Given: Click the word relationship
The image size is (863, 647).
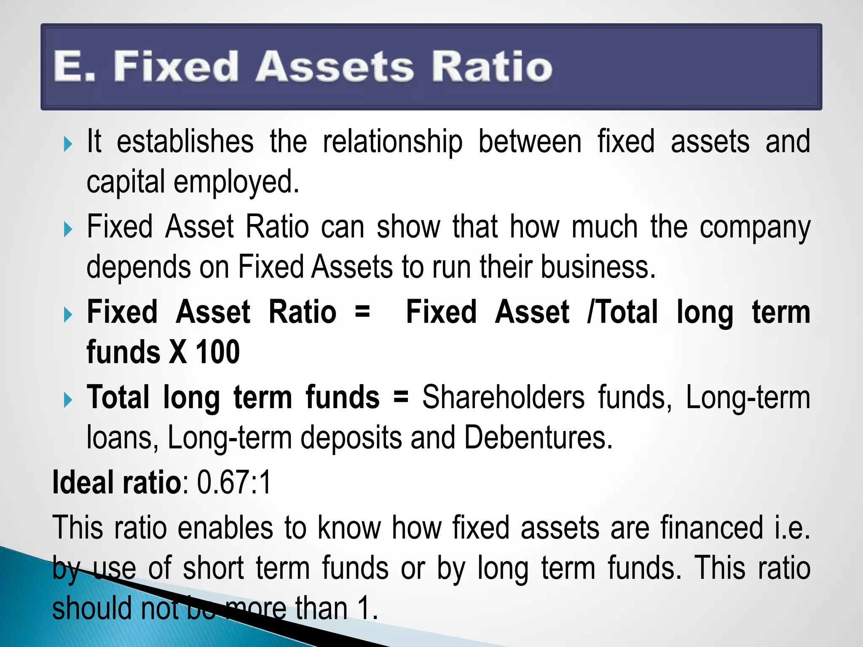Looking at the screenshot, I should click(x=392, y=142).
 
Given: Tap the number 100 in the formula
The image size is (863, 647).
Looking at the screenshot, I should click(x=218, y=352).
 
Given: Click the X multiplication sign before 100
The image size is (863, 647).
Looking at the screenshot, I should click(x=177, y=352).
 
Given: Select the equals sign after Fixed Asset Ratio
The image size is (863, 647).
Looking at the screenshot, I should click(x=362, y=312).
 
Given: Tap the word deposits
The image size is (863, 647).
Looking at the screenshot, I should click(x=351, y=438).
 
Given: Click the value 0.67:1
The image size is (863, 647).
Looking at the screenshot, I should click(x=234, y=483).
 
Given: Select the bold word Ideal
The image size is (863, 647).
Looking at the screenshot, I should click(x=84, y=483).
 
